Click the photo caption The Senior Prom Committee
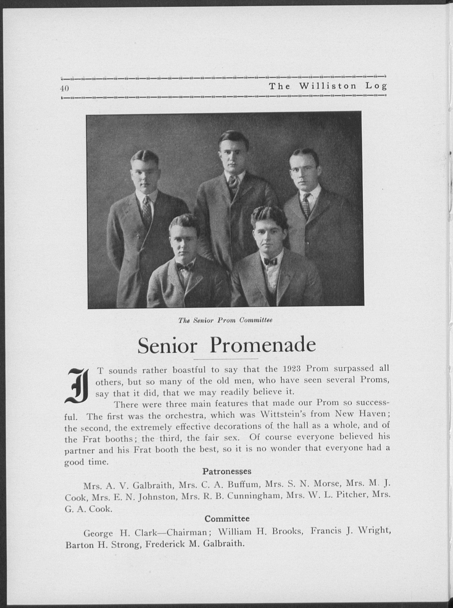click(x=225, y=320)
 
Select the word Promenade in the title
click(x=263, y=346)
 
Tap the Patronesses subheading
click(x=227, y=471)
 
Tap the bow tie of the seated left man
click(x=185, y=267)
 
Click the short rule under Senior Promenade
click(x=226, y=359)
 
